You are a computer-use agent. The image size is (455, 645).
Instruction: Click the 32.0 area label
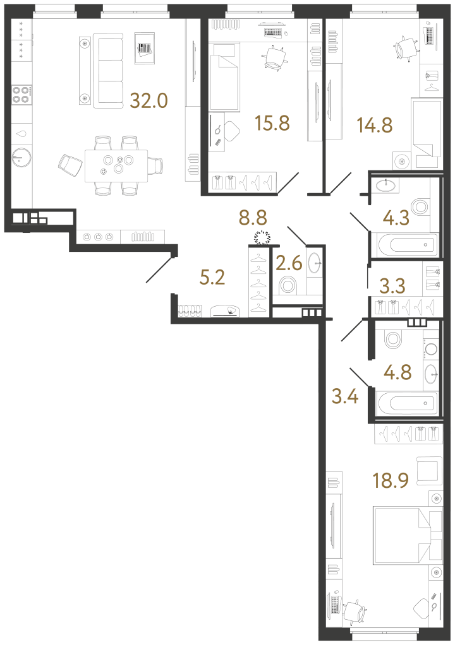149,100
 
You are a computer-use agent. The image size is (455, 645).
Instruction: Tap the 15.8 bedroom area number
272,123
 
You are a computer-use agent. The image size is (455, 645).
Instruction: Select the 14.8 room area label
375,125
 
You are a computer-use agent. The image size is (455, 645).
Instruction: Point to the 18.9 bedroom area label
391,480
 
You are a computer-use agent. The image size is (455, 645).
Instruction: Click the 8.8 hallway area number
253,218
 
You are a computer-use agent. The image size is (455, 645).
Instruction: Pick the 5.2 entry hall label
212,278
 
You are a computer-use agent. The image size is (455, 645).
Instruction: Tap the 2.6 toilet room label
289,263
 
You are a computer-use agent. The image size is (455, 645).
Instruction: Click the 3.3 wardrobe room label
392,286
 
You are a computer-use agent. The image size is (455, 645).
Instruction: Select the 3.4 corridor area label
345,396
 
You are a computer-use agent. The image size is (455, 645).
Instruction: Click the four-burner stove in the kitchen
21,94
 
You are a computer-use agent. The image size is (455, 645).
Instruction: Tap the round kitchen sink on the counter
21,157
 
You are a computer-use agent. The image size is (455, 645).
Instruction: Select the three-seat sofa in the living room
108,71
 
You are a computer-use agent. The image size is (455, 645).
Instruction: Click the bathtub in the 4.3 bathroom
408,245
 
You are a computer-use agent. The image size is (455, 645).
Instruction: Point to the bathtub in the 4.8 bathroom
407,403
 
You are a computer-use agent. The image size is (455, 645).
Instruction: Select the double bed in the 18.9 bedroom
408,536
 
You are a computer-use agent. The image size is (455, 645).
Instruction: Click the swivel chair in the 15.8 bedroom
275,57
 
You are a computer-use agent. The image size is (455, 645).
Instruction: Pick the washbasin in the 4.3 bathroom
386,186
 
